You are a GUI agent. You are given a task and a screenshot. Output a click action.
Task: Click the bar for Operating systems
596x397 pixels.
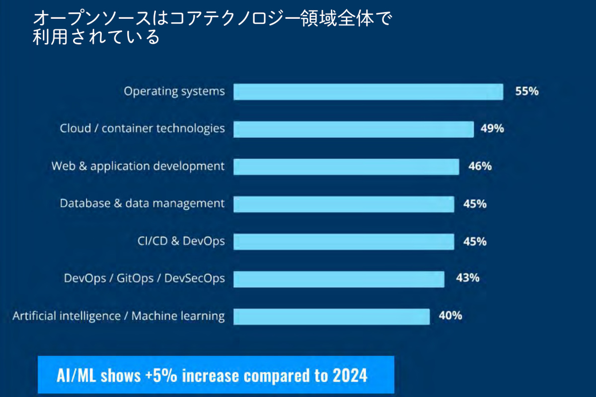368,92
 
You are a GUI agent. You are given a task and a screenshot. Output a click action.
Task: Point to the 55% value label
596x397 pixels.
526,91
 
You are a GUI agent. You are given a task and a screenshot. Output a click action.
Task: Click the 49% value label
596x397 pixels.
492,129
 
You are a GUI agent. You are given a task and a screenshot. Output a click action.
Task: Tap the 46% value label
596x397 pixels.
480,166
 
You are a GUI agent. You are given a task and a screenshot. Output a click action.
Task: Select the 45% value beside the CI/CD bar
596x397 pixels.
475,242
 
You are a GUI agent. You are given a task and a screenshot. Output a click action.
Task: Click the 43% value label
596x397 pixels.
467,278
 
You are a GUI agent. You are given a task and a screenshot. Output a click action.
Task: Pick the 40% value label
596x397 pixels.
450,316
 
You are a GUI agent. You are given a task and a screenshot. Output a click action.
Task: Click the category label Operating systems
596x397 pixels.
174,92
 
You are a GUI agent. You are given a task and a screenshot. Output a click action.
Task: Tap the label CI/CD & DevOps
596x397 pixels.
181,242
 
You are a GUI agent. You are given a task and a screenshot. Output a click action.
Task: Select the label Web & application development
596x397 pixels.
138,166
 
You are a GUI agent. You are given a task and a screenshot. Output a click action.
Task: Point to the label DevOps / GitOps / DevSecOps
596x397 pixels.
144,279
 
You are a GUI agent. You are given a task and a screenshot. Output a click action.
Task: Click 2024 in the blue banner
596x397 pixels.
350,376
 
